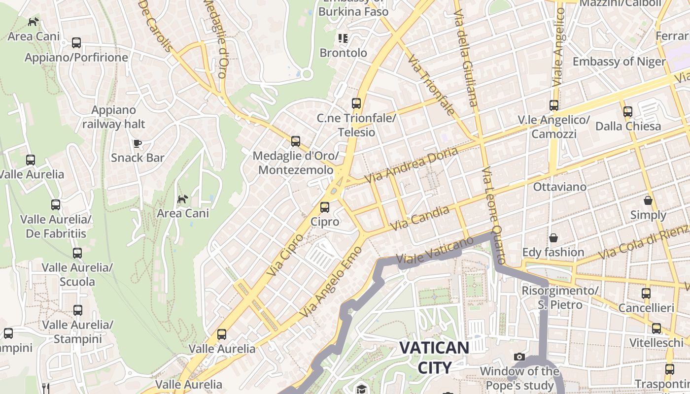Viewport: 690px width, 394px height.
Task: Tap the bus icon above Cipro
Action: (x=324, y=207)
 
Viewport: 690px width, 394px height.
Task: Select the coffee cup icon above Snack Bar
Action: (x=138, y=143)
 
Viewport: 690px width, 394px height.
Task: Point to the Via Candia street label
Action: (x=420, y=219)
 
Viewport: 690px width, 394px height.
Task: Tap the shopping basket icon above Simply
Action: (x=648, y=200)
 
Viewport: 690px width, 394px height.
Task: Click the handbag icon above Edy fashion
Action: (x=553, y=238)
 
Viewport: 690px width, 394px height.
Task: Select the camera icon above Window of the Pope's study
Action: (x=519, y=357)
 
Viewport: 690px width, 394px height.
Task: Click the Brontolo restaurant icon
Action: (x=343, y=38)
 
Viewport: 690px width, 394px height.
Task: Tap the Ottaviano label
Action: (x=560, y=187)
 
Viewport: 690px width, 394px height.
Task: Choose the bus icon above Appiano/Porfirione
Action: (x=76, y=43)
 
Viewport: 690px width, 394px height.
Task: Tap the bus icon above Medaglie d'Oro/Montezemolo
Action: (x=295, y=141)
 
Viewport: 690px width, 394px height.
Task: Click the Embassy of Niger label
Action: (x=619, y=62)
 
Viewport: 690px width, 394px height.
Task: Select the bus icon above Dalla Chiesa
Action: (x=627, y=111)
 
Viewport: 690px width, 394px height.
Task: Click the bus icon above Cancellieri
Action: (x=646, y=294)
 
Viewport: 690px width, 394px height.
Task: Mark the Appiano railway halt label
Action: (x=114, y=117)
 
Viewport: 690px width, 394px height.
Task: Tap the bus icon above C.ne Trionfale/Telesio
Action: (x=356, y=103)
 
